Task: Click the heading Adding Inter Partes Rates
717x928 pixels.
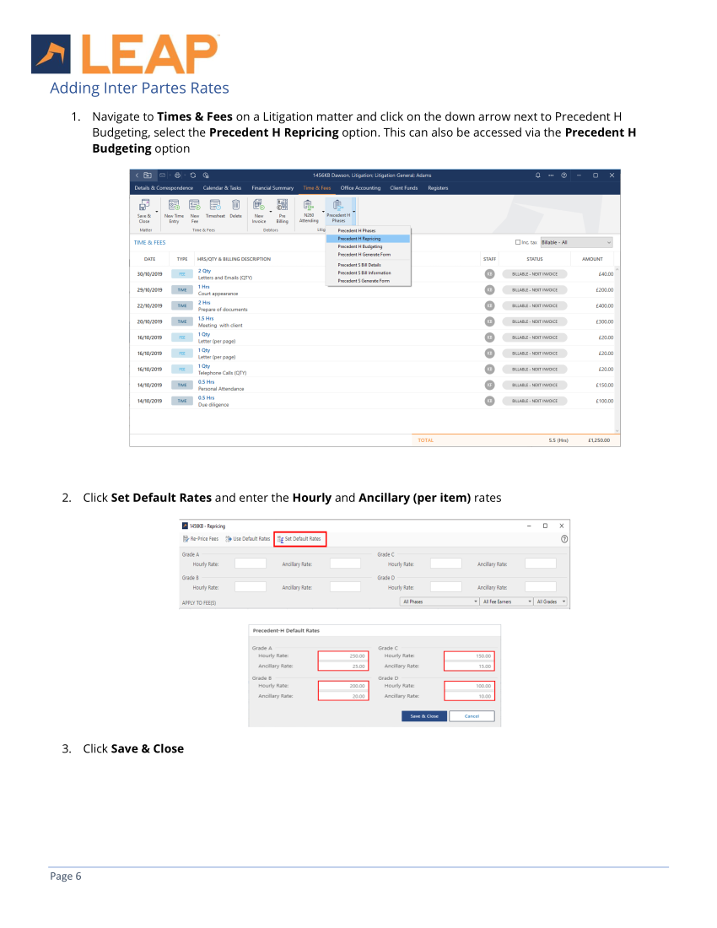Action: point(139,88)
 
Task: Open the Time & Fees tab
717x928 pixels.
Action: point(317,187)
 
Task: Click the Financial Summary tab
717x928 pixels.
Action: point(272,187)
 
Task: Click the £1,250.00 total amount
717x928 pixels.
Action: point(600,440)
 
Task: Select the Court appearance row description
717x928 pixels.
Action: point(218,294)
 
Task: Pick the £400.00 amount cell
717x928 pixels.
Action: point(601,305)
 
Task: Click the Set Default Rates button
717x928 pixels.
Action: point(299,538)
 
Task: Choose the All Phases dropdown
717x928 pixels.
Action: point(439,602)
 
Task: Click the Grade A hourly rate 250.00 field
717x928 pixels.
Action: point(343,656)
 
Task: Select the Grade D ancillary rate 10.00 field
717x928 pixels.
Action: point(470,696)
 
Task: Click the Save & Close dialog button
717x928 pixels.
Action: point(423,715)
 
